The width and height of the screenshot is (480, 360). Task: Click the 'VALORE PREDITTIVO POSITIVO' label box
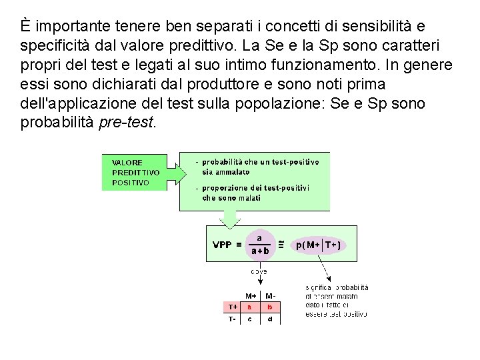coord(136,172)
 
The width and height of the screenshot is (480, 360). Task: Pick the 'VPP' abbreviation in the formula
coord(222,245)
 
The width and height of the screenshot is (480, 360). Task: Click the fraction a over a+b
coord(259,244)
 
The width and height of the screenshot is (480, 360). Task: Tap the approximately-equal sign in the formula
coord(281,244)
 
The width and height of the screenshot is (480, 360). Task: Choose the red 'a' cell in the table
coord(250,307)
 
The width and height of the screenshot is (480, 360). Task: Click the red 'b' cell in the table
coord(269,307)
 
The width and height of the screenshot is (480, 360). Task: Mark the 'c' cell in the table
coord(250,319)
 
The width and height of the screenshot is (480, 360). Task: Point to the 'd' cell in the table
coord(269,319)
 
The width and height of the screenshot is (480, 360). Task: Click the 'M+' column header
coord(250,296)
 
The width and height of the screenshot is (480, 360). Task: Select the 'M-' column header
coord(270,296)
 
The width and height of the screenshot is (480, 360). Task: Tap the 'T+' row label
coord(232,307)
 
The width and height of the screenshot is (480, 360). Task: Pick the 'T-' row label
coord(232,319)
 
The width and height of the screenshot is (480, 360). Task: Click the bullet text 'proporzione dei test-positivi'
coord(255,188)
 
